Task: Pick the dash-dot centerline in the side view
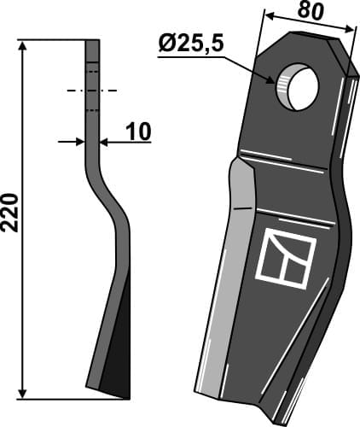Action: pyautogui.click(x=92, y=89)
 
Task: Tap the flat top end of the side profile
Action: pyautogui.click(x=92, y=41)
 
